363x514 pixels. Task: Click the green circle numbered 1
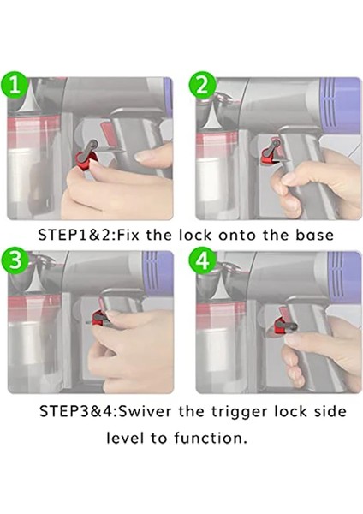(14, 86)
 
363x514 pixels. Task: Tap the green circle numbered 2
(203, 86)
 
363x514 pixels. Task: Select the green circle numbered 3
(15, 261)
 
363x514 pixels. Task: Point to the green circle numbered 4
(203, 261)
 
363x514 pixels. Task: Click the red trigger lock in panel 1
(86, 159)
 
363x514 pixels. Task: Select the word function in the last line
(210, 438)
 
